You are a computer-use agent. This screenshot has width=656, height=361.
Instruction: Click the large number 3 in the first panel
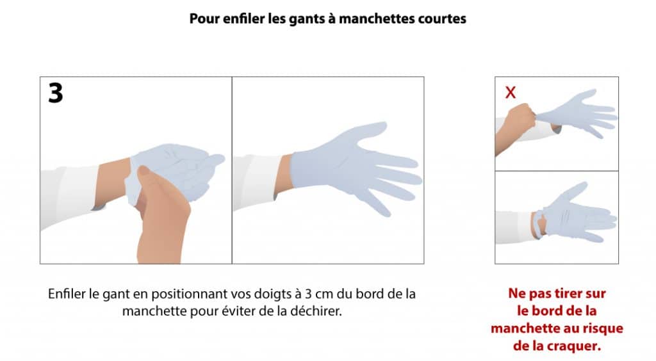(55, 93)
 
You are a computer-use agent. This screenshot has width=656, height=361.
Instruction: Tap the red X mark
(511, 92)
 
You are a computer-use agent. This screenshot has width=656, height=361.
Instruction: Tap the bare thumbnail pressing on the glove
(144, 170)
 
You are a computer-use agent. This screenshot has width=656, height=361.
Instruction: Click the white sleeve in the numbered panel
(70, 196)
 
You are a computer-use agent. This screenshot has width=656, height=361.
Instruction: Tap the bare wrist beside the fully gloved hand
(283, 175)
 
